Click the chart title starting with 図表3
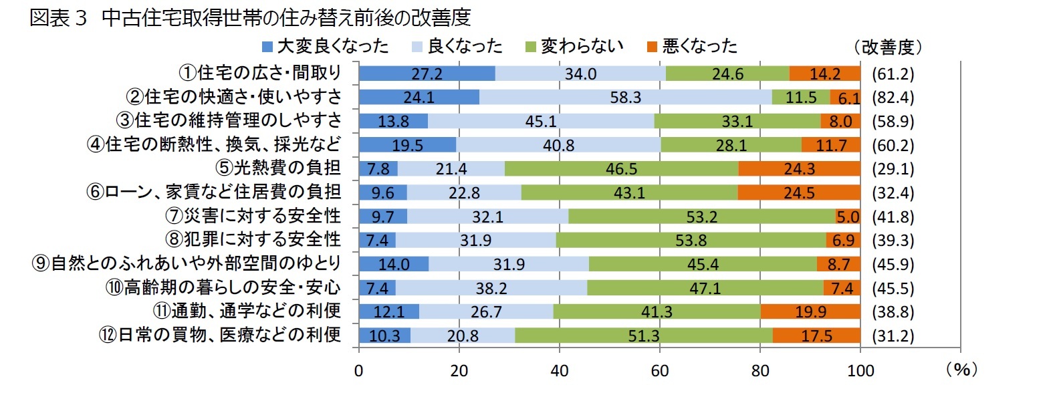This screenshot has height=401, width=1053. point(250,17)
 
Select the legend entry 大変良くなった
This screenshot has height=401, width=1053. point(325,46)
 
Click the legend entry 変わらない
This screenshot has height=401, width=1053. point(574,46)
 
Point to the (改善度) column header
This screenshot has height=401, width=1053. point(888,47)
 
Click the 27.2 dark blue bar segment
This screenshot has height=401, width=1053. point(427,74)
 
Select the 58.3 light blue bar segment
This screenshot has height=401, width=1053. point(625,98)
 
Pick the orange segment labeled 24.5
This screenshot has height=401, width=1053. point(799,193)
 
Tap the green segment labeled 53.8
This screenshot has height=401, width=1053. point(691,241)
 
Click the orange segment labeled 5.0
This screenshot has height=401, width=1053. point(848,217)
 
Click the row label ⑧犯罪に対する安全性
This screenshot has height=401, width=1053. point(253,240)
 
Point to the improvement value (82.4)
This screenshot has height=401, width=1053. point(893,98)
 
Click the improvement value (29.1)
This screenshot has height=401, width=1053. point(893,169)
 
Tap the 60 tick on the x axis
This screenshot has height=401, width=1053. point(659,371)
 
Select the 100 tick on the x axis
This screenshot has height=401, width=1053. point(860,371)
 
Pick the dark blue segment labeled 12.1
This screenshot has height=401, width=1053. point(389,312)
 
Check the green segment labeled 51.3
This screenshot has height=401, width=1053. point(643,336)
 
